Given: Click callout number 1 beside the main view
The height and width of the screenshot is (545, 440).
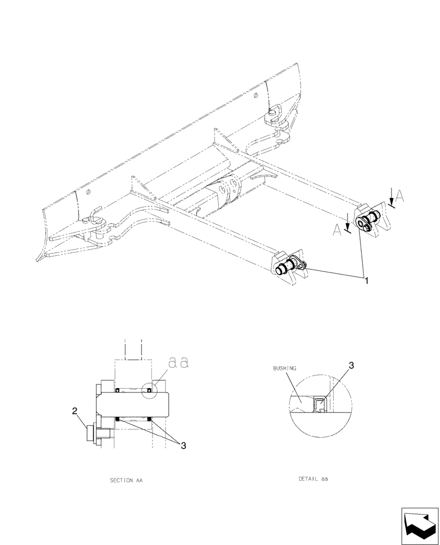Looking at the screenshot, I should [367, 280].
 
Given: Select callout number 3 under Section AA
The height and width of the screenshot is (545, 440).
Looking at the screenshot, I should [184, 445].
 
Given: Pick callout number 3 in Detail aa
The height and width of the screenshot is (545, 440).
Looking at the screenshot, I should [351, 366].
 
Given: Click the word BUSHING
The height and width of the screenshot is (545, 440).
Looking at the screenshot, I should [284, 368].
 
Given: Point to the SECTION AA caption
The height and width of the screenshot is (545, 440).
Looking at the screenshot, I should [126, 481].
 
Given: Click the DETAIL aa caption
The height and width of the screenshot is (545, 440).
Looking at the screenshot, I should [313, 479].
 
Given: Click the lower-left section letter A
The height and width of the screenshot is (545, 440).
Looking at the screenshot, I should [339, 232].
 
